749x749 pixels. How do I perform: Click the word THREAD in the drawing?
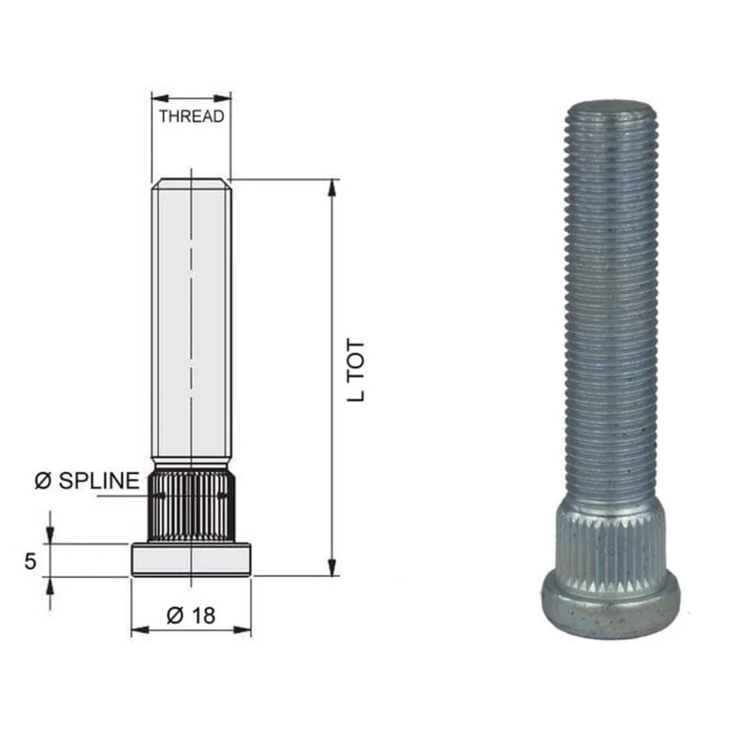point(192,116)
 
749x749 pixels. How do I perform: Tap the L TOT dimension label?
point(356,371)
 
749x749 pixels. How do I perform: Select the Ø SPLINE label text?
point(87,480)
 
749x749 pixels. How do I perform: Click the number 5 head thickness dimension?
point(30,561)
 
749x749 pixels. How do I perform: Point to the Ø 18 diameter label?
point(191,616)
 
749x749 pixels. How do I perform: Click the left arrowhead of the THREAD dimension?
point(160,98)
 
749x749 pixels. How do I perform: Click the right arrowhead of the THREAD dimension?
point(223,98)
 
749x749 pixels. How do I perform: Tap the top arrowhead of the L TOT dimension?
point(331,188)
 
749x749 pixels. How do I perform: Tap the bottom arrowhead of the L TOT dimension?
point(331,567)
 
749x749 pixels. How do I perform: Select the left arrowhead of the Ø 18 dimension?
point(140,630)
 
